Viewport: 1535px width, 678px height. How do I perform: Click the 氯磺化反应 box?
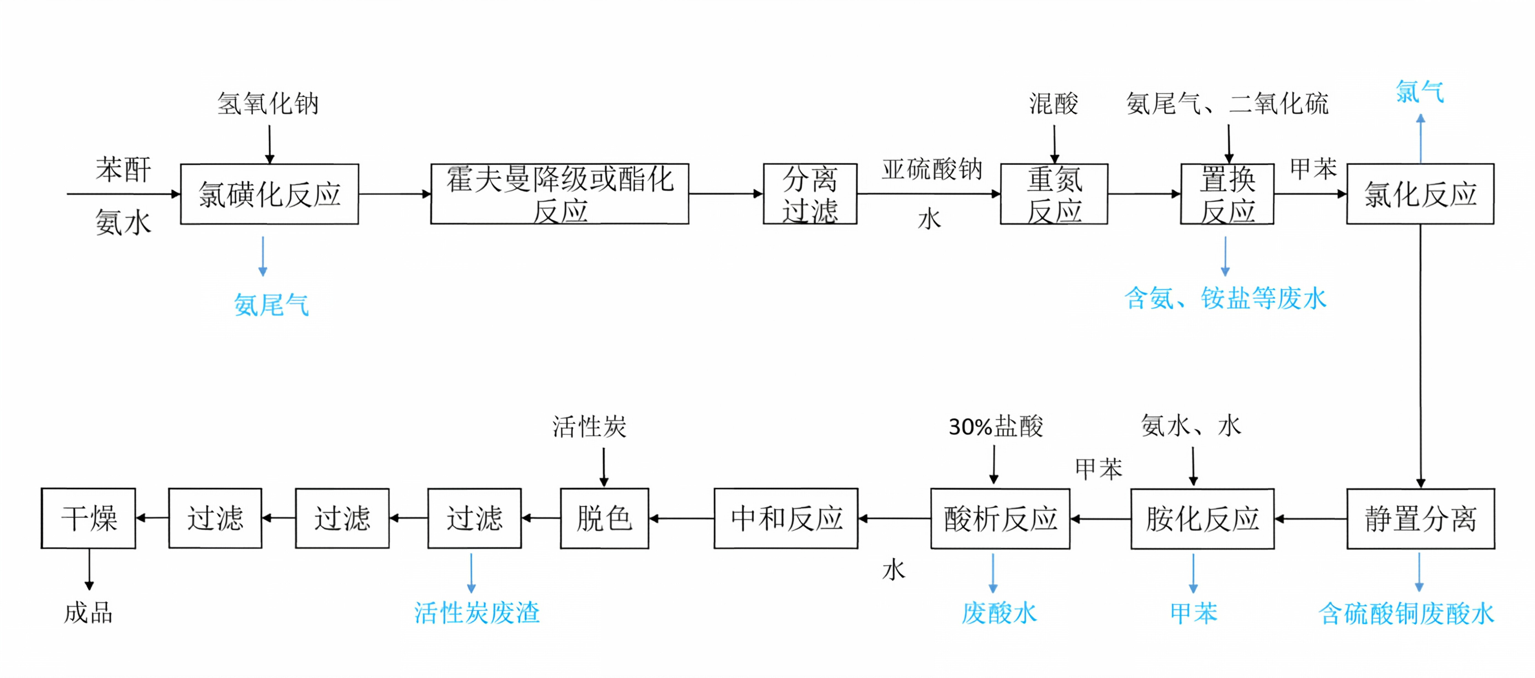pos(269,194)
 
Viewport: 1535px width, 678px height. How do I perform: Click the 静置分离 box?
pos(1421,518)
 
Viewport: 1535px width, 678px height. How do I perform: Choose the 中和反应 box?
pos(786,518)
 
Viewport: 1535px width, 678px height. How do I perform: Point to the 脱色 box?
pos(604,518)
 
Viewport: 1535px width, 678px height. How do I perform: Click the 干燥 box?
pos(88,518)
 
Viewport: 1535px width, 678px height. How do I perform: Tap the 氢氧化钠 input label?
pos(268,104)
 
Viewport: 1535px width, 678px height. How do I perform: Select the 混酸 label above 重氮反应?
pos(1054,104)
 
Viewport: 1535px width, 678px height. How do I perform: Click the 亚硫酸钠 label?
pos(932,169)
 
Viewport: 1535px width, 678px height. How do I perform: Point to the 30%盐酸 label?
pos(996,426)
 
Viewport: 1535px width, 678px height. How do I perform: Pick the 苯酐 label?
pos(123,170)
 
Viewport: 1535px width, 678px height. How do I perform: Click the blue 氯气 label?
pos(1420,92)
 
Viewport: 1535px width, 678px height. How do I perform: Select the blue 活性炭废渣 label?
pos(477,612)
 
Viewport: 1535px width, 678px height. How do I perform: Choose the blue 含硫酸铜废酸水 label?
pos(1406,614)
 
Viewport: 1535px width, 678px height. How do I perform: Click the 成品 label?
pos(88,612)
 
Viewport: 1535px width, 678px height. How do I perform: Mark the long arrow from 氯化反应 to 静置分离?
pos(1421,356)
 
